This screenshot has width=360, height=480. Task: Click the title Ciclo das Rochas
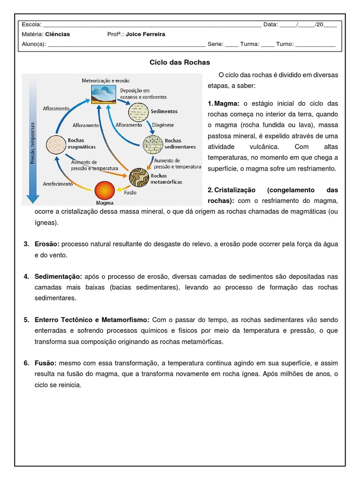(x=180, y=62)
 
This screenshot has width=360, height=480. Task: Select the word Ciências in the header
(x=58, y=34)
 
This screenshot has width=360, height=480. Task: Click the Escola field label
(x=31, y=24)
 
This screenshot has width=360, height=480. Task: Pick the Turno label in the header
(x=285, y=44)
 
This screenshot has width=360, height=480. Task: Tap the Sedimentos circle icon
(x=138, y=112)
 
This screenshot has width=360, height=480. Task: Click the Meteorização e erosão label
(x=105, y=81)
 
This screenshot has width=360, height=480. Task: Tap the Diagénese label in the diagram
(x=163, y=125)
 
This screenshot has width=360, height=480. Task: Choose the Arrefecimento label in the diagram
(x=58, y=184)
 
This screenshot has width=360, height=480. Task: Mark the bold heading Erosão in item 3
(x=47, y=244)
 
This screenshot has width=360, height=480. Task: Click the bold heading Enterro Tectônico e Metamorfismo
(x=92, y=320)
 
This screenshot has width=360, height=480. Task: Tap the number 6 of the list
(x=26, y=363)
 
